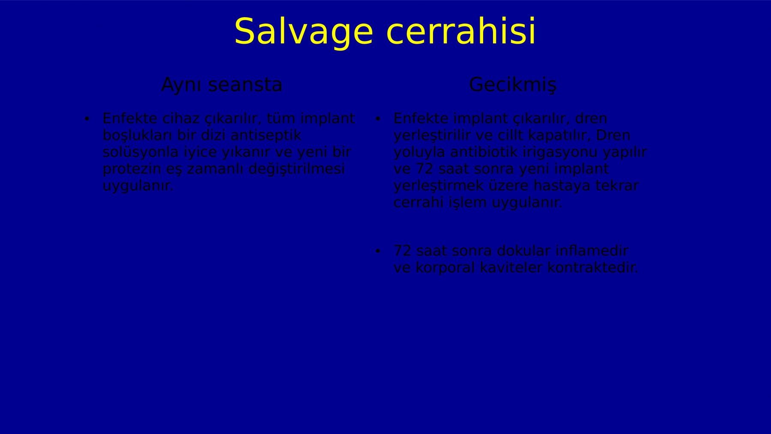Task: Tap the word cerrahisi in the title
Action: (x=461, y=31)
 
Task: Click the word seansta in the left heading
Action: (x=245, y=85)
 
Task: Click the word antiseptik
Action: (x=266, y=135)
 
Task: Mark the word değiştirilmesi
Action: (x=296, y=169)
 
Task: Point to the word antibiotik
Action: (x=484, y=152)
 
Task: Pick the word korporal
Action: (x=445, y=268)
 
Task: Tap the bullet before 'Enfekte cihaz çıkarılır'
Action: (x=87, y=119)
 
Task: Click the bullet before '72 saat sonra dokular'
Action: (x=377, y=251)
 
